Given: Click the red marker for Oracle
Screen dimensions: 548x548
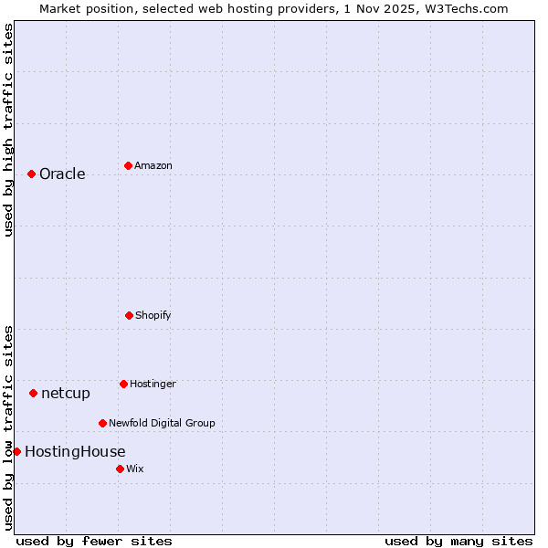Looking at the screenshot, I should [x=31, y=174].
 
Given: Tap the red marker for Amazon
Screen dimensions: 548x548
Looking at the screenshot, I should [x=128, y=165].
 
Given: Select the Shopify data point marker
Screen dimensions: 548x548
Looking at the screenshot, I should [x=129, y=315].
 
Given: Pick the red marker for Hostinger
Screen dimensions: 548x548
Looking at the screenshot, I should [x=123, y=384].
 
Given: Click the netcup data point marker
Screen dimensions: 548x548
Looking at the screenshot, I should [x=33, y=393].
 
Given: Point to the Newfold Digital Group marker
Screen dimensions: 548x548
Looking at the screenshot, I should [x=102, y=423].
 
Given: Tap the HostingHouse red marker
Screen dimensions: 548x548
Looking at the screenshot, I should [x=16, y=451].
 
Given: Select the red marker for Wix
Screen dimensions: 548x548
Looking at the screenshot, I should [x=120, y=469].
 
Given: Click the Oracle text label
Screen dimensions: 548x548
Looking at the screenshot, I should [x=62, y=174].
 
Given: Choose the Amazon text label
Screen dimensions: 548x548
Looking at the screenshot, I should [x=153, y=166].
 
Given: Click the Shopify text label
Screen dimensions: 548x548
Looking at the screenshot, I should [x=153, y=316].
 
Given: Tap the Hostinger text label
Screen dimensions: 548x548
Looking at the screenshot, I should [x=153, y=385].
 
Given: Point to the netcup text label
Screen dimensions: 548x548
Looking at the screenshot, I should [x=66, y=394].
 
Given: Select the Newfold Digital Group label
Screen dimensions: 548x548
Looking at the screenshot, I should [x=162, y=424].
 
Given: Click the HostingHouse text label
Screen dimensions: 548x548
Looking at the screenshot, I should [x=75, y=452].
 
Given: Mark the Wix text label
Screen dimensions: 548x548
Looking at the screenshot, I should [x=135, y=469].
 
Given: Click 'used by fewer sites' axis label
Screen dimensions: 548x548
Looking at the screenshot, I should [x=94, y=541].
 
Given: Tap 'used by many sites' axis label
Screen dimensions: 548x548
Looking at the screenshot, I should [x=458, y=541].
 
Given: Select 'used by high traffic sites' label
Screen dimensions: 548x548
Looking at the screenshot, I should [x=8, y=130].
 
